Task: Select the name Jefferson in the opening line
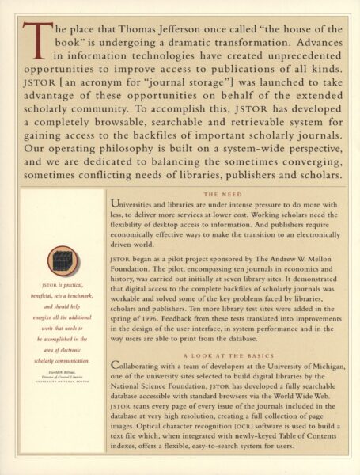[x=168, y=29]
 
